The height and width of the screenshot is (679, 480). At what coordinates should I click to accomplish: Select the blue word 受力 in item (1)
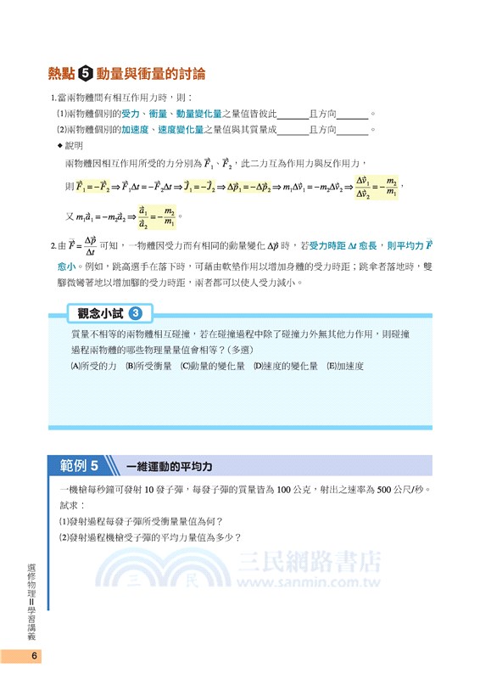click(131, 113)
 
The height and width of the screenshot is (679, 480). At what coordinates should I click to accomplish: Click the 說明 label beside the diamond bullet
click(75, 145)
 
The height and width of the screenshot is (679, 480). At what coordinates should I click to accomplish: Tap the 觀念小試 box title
click(99, 314)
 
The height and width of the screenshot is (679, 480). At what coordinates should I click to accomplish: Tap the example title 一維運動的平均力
click(168, 467)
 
